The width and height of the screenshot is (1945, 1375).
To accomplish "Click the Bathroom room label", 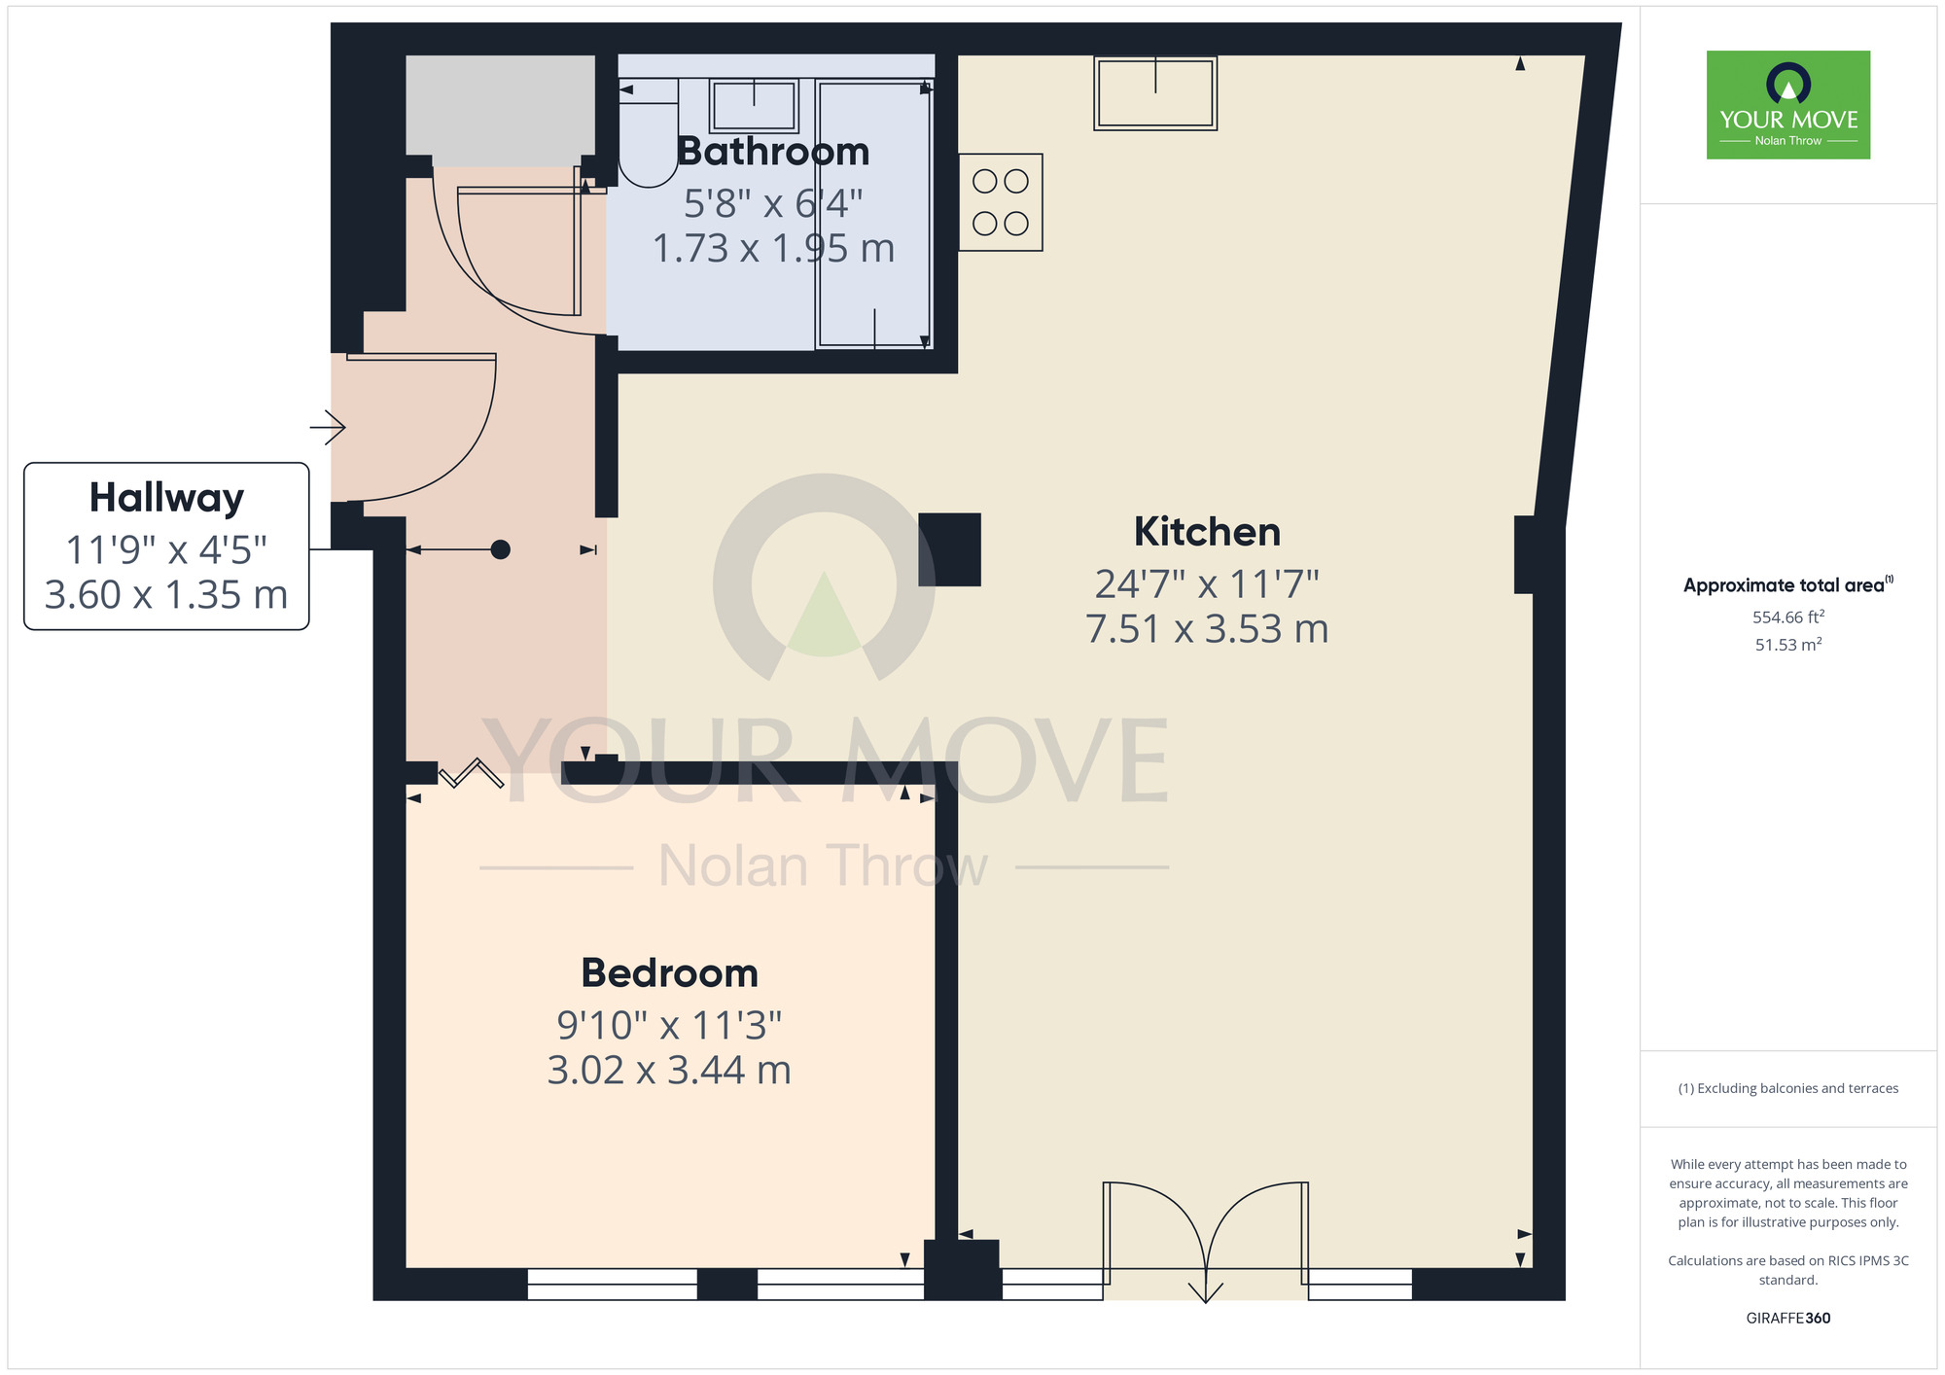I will tap(773, 152).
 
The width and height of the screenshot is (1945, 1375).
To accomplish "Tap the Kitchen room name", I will tap(1207, 532).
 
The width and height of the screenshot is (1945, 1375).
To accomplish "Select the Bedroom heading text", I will tap(669, 973).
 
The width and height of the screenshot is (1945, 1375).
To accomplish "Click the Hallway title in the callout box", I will tap(166, 498).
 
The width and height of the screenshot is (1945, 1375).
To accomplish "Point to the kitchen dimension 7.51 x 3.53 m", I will tap(1207, 629).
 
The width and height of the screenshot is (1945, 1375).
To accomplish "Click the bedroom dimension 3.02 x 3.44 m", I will tap(669, 1071).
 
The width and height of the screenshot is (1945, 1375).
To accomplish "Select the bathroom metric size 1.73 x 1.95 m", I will tap(773, 249).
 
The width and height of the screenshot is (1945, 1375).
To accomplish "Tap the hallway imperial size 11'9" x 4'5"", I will tap(166, 550).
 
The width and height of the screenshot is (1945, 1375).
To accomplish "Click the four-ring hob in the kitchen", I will tap(1001, 202).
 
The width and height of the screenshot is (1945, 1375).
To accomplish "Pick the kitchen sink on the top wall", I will tap(1155, 93).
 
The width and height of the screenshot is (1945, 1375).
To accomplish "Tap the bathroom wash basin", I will tap(754, 105).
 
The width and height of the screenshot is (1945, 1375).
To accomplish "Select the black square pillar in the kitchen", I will tap(949, 549).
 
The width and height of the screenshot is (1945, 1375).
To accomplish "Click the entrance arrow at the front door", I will tap(328, 427).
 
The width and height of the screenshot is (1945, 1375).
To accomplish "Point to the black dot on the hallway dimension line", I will tap(500, 550).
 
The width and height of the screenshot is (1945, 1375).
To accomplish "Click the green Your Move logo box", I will tap(1787, 105).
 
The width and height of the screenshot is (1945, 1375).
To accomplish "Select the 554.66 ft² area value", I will tap(1787, 617).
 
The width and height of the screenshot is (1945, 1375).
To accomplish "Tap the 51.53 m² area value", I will tap(1787, 645).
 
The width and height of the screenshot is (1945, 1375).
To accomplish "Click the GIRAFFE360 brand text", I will tap(1787, 1319).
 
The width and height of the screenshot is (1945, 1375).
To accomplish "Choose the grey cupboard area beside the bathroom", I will tap(500, 110).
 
